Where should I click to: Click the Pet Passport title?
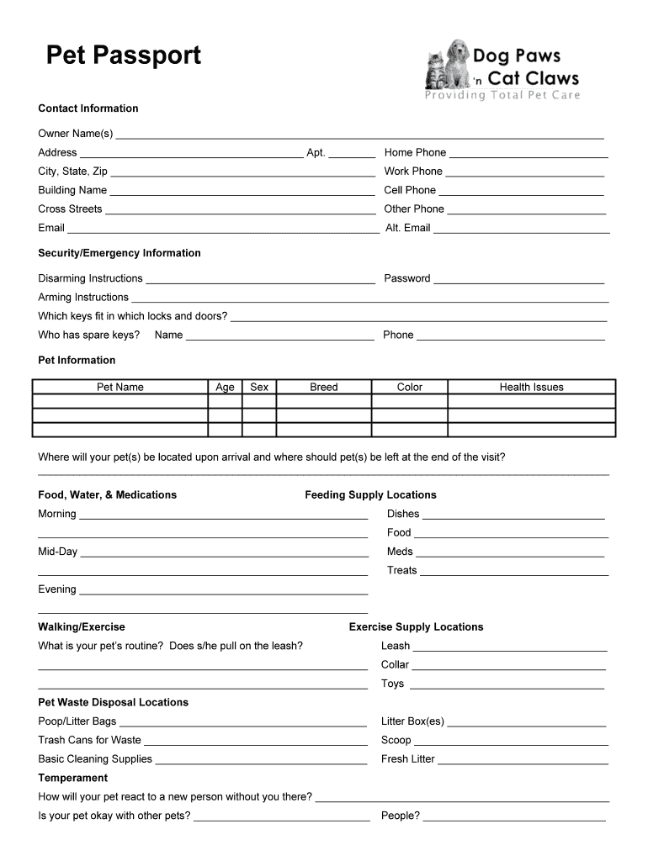click(124, 55)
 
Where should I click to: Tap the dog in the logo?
click(457, 64)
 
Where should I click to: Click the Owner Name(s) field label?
click(75, 134)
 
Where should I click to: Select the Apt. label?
click(316, 152)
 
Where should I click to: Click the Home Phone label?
click(415, 152)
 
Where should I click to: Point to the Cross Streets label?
click(70, 209)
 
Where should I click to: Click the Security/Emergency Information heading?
click(120, 253)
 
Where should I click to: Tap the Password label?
click(407, 278)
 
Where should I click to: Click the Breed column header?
click(323, 387)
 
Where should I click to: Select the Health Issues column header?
click(531, 387)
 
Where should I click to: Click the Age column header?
click(225, 387)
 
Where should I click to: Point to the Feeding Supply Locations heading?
click(370, 494)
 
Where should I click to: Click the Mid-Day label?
click(57, 552)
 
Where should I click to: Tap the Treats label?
click(401, 570)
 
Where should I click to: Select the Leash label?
click(396, 646)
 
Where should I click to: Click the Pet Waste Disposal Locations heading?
click(113, 702)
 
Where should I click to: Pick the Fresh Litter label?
click(407, 758)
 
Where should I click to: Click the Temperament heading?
click(72, 778)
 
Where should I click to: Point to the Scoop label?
click(396, 740)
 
